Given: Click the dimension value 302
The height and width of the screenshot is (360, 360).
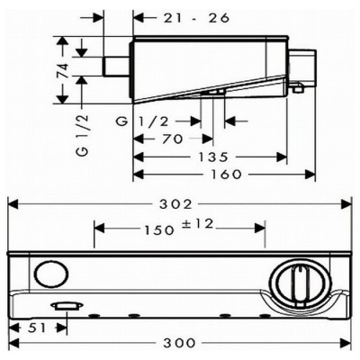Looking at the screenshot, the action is (x=175, y=204).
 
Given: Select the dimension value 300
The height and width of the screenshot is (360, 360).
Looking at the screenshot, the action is (x=179, y=343).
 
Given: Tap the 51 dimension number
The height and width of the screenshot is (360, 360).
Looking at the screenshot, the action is (x=38, y=328).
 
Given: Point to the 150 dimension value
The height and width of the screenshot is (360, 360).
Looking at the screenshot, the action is (x=159, y=230).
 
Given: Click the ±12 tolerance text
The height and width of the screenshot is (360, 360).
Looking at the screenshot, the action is (x=198, y=224).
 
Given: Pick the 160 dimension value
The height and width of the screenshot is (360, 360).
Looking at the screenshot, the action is (x=226, y=175).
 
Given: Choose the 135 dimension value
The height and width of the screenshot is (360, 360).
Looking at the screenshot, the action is (x=213, y=157).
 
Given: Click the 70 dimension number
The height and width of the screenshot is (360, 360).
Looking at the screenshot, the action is (x=172, y=139).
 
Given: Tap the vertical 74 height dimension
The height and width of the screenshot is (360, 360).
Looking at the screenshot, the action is (x=63, y=70).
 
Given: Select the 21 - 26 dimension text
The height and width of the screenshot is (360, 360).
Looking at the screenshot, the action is (x=196, y=18).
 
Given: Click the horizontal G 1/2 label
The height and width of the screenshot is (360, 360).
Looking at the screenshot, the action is (x=143, y=121).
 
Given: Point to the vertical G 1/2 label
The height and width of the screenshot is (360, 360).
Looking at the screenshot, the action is (x=83, y=135).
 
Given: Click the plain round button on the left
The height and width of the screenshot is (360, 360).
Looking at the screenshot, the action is (x=51, y=274).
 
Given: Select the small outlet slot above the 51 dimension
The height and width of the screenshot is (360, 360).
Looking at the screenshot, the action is (x=67, y=306).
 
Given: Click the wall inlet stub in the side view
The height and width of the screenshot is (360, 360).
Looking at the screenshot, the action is (x=116, y=66).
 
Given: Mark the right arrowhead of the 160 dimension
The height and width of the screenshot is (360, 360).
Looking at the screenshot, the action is (x=310, y=175).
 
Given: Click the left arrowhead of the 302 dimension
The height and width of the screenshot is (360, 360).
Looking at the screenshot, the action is (x=13, y=204).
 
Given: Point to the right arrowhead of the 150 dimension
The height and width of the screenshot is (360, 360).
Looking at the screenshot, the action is (x=260, y=229).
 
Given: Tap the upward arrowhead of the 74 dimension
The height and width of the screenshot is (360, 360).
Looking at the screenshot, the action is (x=63, y=41).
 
